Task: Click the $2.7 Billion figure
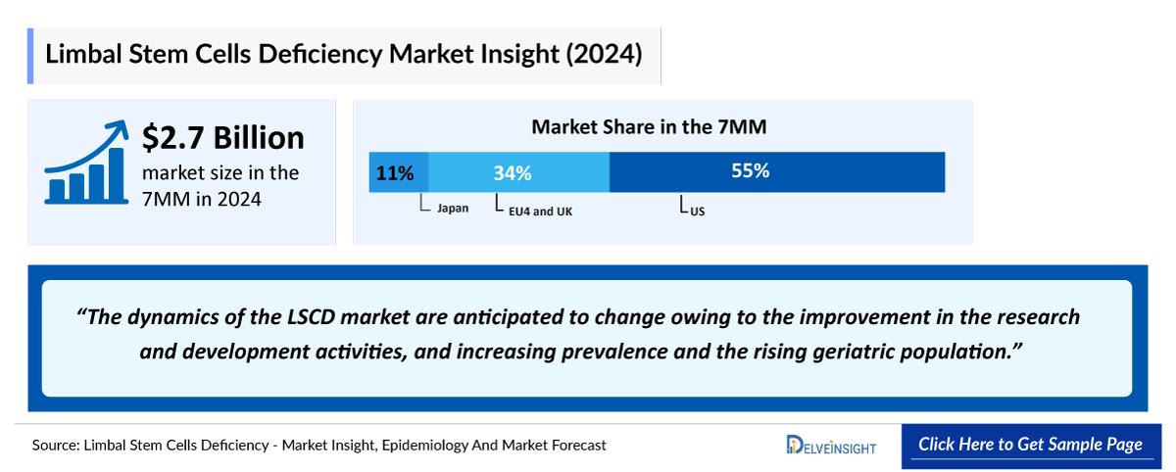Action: tap(223, 137)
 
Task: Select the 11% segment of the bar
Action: tap(398, 172)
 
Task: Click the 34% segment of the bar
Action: tap(518, 172)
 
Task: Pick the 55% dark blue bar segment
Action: tap(776, 171)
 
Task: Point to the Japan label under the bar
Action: tap(452, 209)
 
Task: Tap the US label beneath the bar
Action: tap(697, 210)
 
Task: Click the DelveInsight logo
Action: tap(832, 446)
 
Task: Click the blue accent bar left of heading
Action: tap(30, 56)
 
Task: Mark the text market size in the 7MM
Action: tap(220, 185)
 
